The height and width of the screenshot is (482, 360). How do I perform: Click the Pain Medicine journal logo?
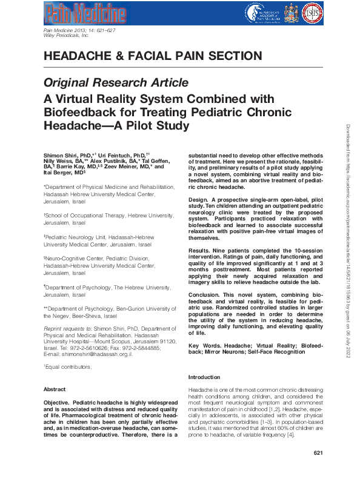85,14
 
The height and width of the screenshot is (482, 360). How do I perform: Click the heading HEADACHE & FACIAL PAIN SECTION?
153,56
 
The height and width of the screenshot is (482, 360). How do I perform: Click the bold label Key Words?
204,345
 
